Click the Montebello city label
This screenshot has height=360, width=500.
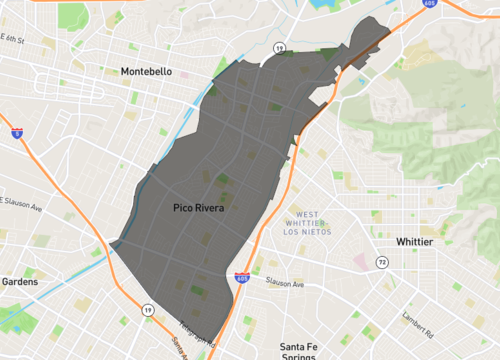click(x=146, y=72)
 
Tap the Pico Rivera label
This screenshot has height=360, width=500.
click(x=197, y=209)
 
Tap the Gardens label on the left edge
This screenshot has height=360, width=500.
click(x=18, y=282)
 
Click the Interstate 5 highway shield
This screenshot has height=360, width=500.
click(x=17, y=131)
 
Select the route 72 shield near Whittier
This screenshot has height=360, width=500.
click(x=382, y=262)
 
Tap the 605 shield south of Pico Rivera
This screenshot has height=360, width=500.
click(x=242, y=277)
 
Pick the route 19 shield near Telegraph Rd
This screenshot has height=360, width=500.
click(x=148, y=311)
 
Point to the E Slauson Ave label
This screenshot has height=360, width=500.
click(x=22, y=208)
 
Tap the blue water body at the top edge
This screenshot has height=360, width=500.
click(x=324, y=5)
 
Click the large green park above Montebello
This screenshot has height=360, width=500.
click(x=72, y=15)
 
